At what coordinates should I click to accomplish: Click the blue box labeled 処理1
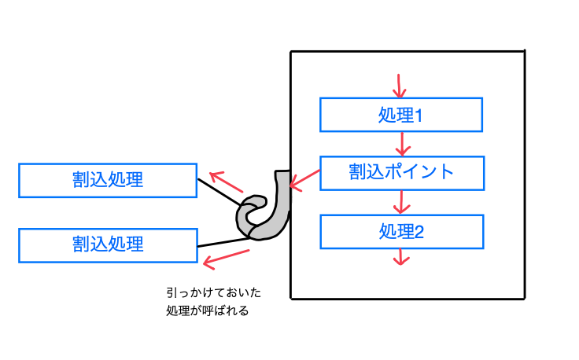click(400, 115)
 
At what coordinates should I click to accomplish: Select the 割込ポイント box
click(400, 172)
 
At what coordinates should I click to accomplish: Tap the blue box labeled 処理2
click(400, 231)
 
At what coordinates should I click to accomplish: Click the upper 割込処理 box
click(107, 180)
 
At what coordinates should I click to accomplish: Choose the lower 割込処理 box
click(107, 244)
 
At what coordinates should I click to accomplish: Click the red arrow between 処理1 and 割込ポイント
click(401, 144)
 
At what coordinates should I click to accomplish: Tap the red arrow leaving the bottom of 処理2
click(401, 258)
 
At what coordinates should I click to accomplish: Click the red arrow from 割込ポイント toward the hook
click(304, 180)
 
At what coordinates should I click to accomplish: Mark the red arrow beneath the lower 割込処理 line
click(226, 258)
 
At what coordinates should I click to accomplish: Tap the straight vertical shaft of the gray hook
click(282, 193)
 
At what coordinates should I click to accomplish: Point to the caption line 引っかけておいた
click(213, 292)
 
